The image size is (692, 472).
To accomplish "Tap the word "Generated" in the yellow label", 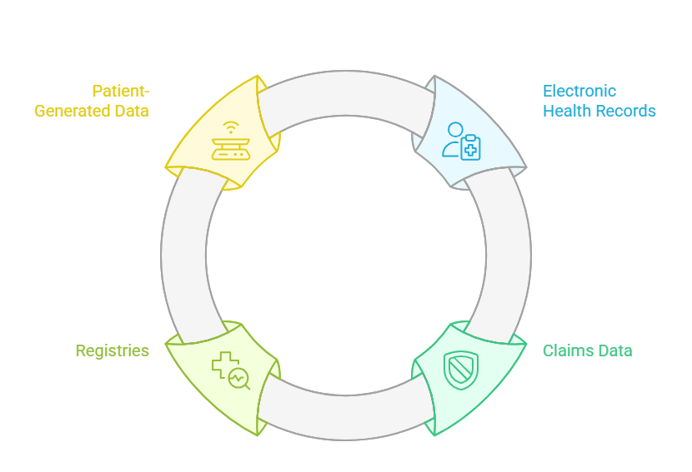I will click(72, 111).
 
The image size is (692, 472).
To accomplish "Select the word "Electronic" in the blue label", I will click(579, 91).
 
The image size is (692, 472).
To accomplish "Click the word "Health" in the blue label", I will click(567, 111).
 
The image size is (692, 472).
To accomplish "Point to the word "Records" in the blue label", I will click(624, 111).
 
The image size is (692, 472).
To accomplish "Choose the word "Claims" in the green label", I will click(569, 350).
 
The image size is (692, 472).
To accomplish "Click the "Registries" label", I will click(113, 350).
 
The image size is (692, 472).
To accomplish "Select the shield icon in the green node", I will click(461, 370).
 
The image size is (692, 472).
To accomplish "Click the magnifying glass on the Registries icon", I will click(240, 379).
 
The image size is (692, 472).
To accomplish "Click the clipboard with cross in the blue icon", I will click(471, 147).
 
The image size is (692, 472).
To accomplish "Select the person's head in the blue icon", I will click(454, 130).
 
